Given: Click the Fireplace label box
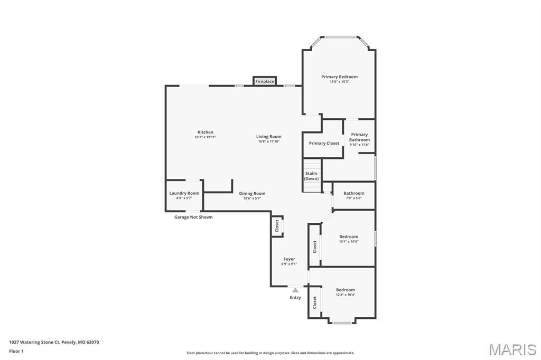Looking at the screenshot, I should tap(265, 81).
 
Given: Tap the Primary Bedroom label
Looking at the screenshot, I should tap(339, 77).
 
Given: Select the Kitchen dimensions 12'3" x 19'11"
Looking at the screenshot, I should tap(205, 137).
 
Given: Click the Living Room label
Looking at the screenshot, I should tap(269, 137).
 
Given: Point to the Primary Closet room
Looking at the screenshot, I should tap(324, 143).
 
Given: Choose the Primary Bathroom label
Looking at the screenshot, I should tap(359, 137).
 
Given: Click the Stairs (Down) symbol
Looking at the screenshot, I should tap(312, 176).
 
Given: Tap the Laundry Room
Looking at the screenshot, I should tap(184, 195).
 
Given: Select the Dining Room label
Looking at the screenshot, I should tap(252, 194).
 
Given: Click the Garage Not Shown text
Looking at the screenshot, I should tap(193, 217).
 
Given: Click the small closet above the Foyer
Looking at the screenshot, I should tap(277, 226).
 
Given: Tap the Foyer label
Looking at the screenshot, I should tap(289, 259).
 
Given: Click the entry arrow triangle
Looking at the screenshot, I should tap(295, 290).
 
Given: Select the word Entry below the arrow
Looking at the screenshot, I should tap(295, 298).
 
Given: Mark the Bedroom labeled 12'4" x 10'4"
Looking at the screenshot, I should tap(346, 291).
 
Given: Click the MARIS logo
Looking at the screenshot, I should tap(512, 349).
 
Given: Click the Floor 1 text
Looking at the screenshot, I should tap(16, 350).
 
